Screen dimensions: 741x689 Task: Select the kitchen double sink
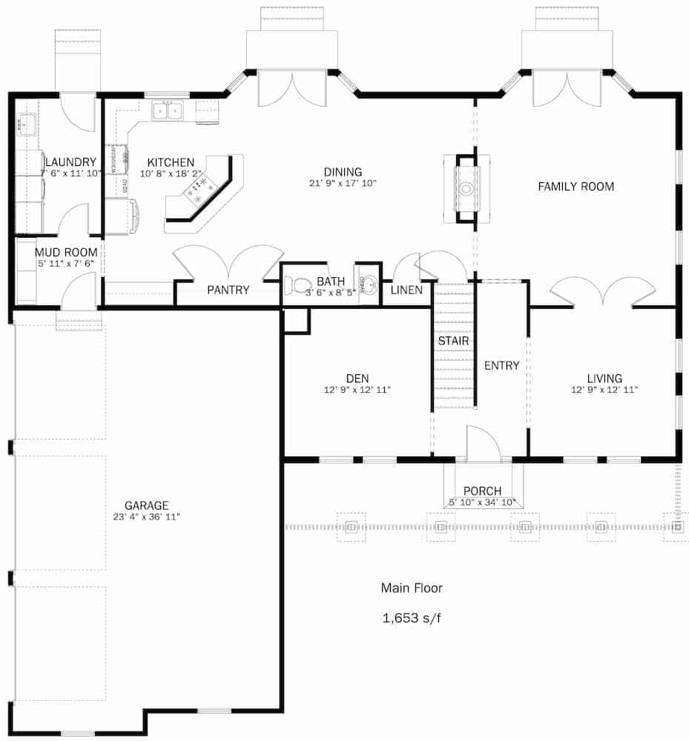coord(168,111)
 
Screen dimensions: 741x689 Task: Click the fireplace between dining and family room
coord(465,188)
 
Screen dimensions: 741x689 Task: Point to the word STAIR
coord(453,340)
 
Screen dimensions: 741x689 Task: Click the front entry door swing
coord(482,445)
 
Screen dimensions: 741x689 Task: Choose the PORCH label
coord(482,491)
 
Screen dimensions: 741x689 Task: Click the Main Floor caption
coord(412,588)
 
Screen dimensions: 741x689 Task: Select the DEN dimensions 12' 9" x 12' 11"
coord(357,390)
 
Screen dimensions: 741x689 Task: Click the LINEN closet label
coord(406,290)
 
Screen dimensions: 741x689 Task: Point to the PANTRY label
coord(228,290)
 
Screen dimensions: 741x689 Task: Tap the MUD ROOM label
coord(66,252)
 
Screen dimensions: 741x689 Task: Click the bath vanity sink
coord(368,283)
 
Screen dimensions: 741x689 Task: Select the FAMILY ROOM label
coord(576,187)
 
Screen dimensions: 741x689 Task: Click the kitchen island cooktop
coord(200,189)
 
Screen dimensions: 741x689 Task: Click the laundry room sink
coord(26,122)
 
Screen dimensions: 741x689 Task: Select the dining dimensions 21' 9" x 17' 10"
coord(343,182)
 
